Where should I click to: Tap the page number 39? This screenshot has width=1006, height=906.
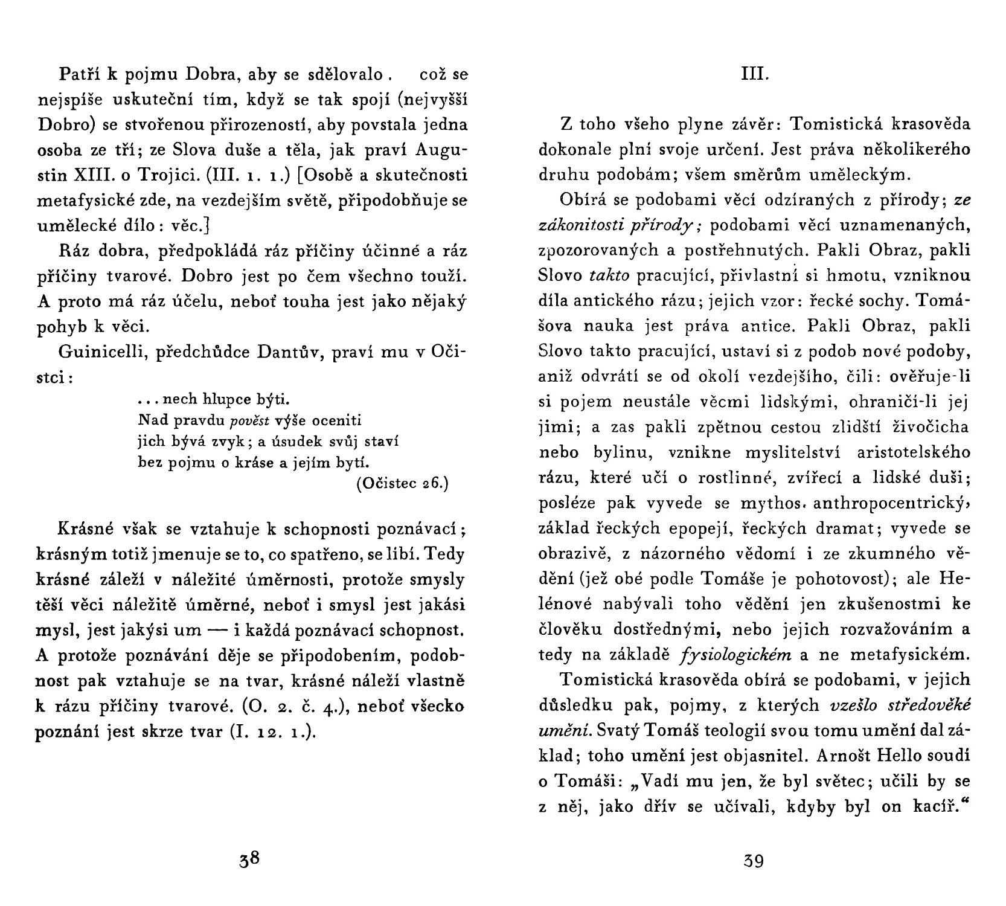[x=754, y=859]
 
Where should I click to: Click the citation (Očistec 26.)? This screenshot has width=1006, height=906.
[x=403, y=484]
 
